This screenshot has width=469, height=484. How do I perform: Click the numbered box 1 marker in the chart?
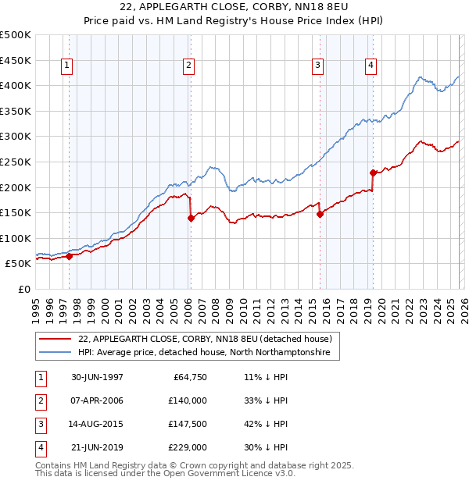68,66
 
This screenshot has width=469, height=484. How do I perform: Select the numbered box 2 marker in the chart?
189,66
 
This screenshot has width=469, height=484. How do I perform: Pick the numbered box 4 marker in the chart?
371,66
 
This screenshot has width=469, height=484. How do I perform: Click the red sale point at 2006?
191,219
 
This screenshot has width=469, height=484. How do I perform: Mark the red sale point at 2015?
320,215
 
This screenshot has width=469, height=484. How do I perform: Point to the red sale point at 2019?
374,173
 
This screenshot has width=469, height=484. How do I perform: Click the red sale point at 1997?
69,256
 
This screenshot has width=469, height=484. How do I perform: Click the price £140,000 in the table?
188,400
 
